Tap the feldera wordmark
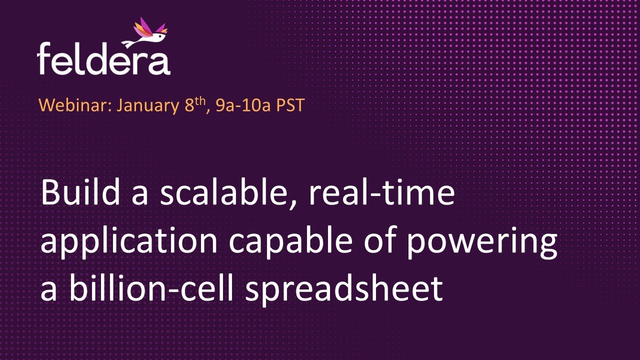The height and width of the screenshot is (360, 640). pyautogui.click(x=103, y=59)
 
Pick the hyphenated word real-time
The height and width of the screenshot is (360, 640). pyautogui.click(x=381, y=193)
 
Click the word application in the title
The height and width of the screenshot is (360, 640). pyautogui.click(x=129, y=241)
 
